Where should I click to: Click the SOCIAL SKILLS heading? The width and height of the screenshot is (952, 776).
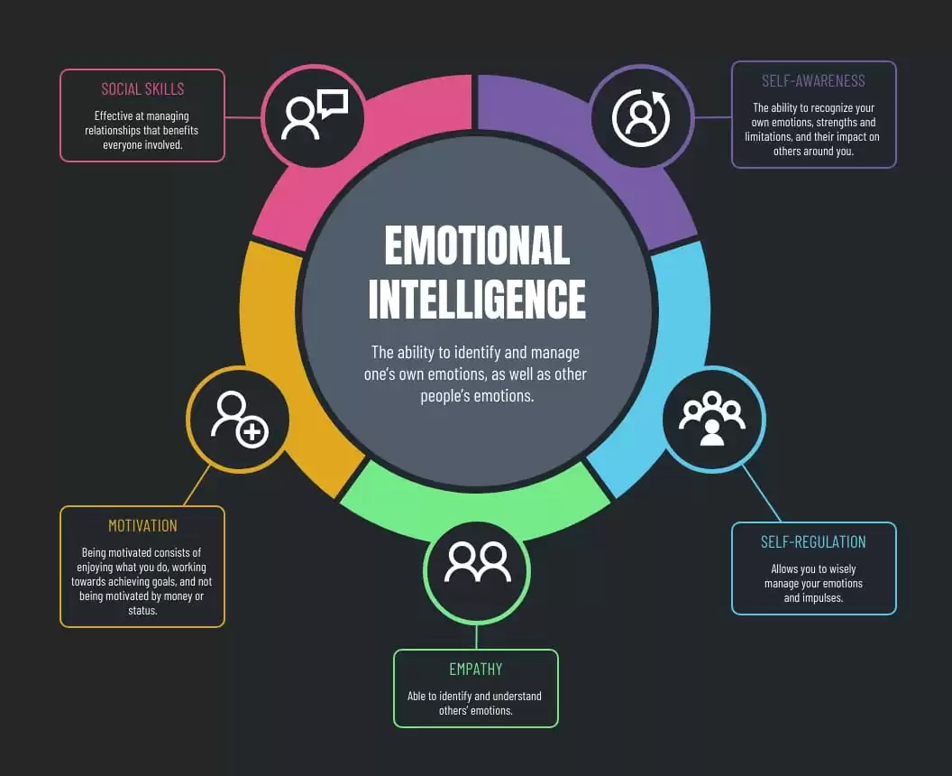point(142,89)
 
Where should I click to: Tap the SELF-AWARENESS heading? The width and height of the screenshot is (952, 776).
point(813,81)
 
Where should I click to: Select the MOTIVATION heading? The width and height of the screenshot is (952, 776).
point(142,526)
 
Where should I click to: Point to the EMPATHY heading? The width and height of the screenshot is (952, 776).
point(476,669)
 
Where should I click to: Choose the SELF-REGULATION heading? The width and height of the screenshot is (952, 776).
point(813,542)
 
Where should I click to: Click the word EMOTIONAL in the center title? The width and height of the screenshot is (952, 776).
point(477,245)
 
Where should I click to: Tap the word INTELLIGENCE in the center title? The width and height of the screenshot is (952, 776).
point(477,299)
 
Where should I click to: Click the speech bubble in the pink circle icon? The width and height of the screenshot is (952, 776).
point(333,103)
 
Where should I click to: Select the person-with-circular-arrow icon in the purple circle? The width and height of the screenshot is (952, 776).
point(641,117)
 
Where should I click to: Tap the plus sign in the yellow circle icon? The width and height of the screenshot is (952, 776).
point(252,432)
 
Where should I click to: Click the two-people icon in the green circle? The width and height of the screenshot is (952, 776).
point(477,561)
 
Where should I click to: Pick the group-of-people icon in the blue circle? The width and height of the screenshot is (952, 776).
point(712,419)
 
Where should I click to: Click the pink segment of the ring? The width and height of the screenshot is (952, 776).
point(340,158)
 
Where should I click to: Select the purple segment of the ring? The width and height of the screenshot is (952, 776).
point(613,158)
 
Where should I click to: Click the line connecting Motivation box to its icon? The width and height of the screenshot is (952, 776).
point(197,485)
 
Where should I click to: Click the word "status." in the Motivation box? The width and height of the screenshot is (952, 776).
point(142,611)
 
